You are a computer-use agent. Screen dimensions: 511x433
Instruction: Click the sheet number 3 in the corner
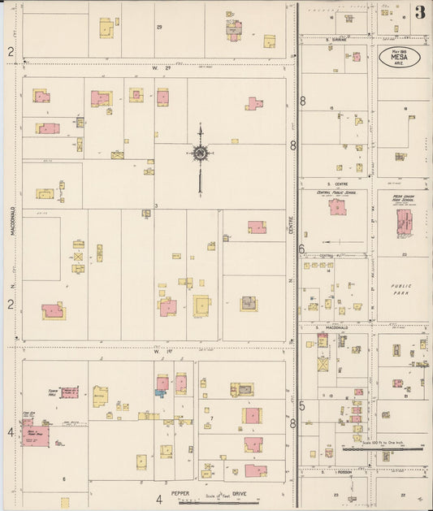click(419, 12)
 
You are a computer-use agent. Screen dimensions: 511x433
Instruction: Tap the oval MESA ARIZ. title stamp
click(399, 58)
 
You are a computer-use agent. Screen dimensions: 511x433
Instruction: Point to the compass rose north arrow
click(200, 153)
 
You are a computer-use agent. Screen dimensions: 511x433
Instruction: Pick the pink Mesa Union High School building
click(404, 221)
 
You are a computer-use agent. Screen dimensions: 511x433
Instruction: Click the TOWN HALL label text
click(55, 391)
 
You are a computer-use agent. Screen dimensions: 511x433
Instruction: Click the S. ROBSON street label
click(336, 471)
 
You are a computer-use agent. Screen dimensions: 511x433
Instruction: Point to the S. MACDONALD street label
click(336, 327)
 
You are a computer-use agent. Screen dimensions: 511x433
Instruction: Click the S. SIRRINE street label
click(336, 39)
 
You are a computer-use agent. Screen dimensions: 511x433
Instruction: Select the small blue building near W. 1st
click(160, 393)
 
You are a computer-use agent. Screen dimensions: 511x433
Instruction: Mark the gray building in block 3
click(248, 303)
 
